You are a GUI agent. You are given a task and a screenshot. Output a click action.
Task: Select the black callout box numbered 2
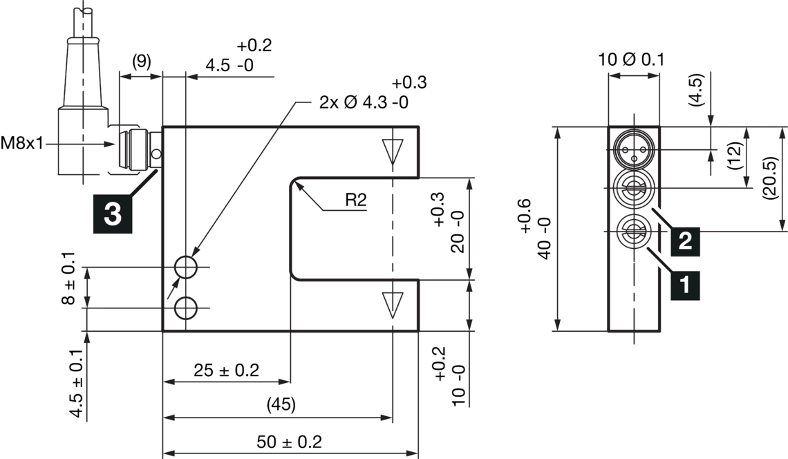tap(684, 241)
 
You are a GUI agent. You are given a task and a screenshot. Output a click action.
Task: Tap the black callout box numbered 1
tap(684, 283)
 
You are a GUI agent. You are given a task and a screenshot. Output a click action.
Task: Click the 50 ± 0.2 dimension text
tap(289, 442)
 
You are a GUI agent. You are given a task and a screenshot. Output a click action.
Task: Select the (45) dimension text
tap(281, 405)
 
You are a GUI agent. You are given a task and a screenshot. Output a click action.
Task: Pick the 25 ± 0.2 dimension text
tap(226, 370)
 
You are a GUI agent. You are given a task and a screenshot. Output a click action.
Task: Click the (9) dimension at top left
tap(140, 62)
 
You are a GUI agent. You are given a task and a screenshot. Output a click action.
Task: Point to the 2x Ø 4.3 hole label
tap(364, 102)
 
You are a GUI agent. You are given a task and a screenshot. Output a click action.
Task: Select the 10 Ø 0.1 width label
tap(631, 59)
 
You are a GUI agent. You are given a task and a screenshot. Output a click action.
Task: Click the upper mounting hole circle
tap(186, 266)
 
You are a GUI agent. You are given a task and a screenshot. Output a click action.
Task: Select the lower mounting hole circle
tap(186, 308)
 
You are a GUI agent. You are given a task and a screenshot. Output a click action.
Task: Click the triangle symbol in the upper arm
tap(392, 150)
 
